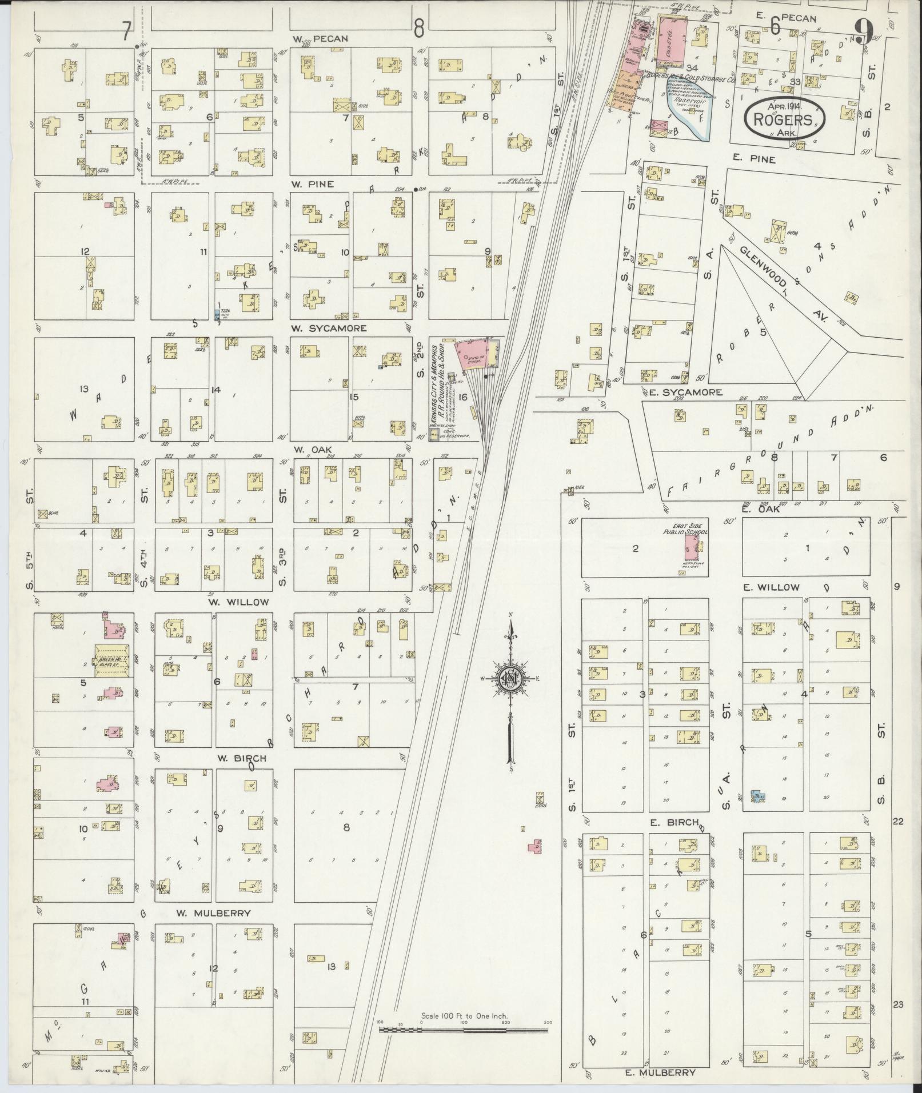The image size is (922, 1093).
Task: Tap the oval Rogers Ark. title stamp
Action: click(784, 118)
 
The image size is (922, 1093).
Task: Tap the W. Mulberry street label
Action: click(213, 913)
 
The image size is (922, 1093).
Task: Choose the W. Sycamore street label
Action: click(328, 329)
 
